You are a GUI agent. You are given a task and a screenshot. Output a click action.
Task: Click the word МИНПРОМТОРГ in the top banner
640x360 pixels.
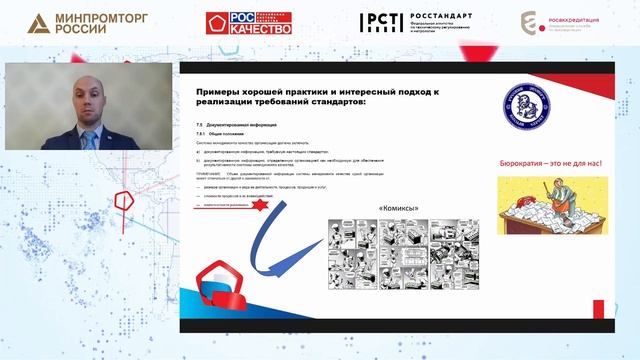[x=96, y=17]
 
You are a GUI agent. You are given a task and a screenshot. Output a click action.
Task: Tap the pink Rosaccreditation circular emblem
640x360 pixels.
[x=532, y=23]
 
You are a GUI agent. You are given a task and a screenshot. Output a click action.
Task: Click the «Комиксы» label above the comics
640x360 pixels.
[x=398, y=208]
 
